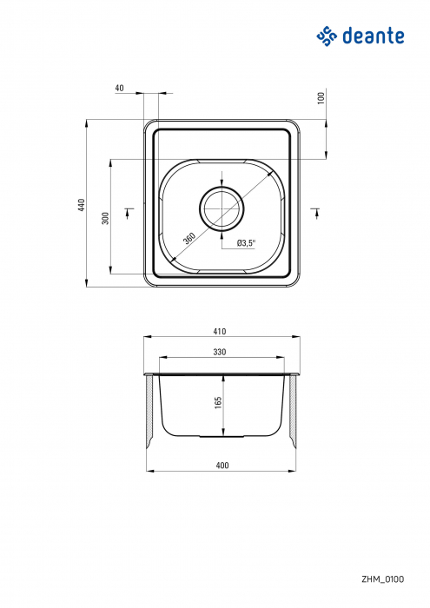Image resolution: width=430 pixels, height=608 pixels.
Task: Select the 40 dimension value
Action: [119, 88]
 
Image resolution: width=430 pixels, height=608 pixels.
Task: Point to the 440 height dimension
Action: [81, 205]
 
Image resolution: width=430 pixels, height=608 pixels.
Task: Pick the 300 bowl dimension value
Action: [105, 218]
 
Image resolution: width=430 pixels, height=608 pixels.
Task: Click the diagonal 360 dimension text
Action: [189, 238]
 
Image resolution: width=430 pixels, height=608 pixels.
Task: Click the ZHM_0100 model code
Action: [382, 578]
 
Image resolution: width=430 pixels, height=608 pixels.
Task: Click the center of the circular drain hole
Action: [222, 207]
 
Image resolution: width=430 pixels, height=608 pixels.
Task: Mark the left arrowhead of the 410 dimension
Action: [147, 338]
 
